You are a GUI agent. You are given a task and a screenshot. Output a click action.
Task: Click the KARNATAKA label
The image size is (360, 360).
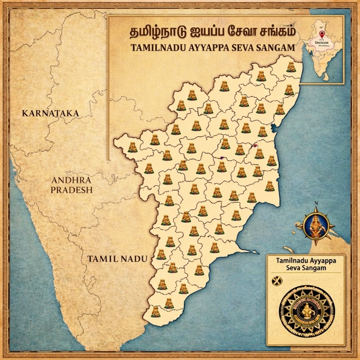(x=50, y=113)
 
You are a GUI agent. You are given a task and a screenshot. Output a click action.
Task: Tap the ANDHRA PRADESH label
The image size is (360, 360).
(x=71, y=185)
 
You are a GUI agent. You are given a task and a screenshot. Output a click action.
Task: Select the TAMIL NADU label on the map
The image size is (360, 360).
(x=117, y=259)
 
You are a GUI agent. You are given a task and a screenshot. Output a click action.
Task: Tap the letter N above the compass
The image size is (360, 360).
(x=316, y=203)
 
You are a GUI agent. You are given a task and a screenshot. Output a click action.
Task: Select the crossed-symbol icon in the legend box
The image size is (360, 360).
(x=277, y=280)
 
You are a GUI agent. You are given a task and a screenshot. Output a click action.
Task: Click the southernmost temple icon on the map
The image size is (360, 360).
(x=156, y=312)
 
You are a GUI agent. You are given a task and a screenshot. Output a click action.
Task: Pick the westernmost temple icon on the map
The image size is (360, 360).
(x=133, y=147)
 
